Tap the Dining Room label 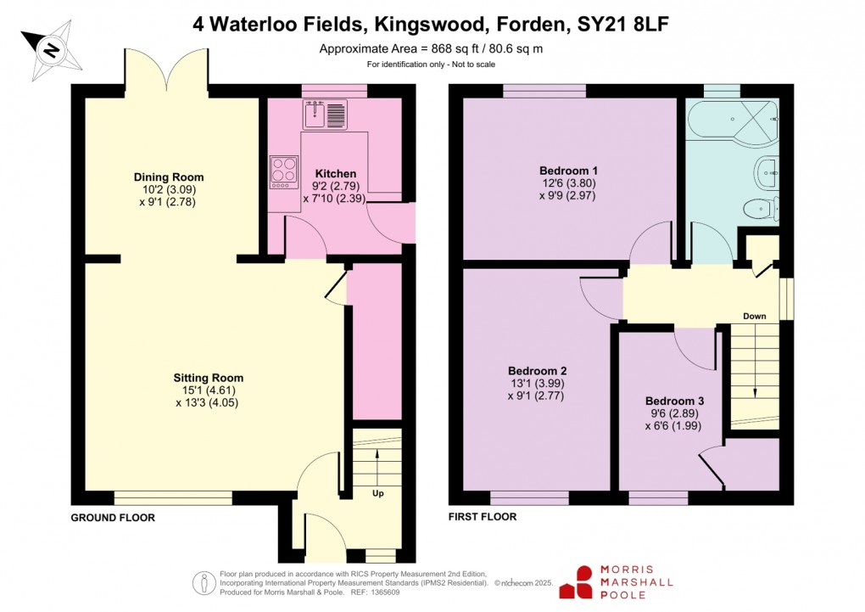point(169,177)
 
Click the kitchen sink point(324,113)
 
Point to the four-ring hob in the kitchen point(284,171)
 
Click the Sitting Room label point(209,378)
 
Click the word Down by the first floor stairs point(754,317)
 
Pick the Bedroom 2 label point(537,371)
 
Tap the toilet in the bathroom point(759,207)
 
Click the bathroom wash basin point(767,173)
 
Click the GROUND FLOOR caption point(112,517)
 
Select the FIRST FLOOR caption point(482,516)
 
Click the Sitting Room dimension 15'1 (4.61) point(208,390)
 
